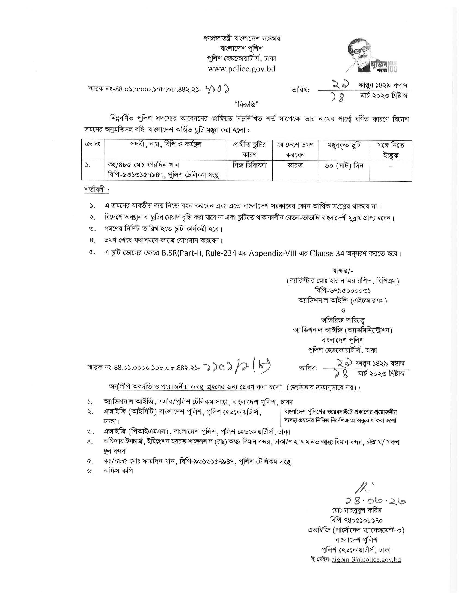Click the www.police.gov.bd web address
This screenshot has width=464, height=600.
pyautogui.click(x=241, y=69)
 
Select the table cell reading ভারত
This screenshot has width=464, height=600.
pyautogui.click(x=295, y=166)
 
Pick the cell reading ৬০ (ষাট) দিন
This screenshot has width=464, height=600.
pyautogui.click(x=344, y=166)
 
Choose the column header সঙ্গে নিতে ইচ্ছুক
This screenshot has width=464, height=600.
pyautogui.click(x=391, y=150)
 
